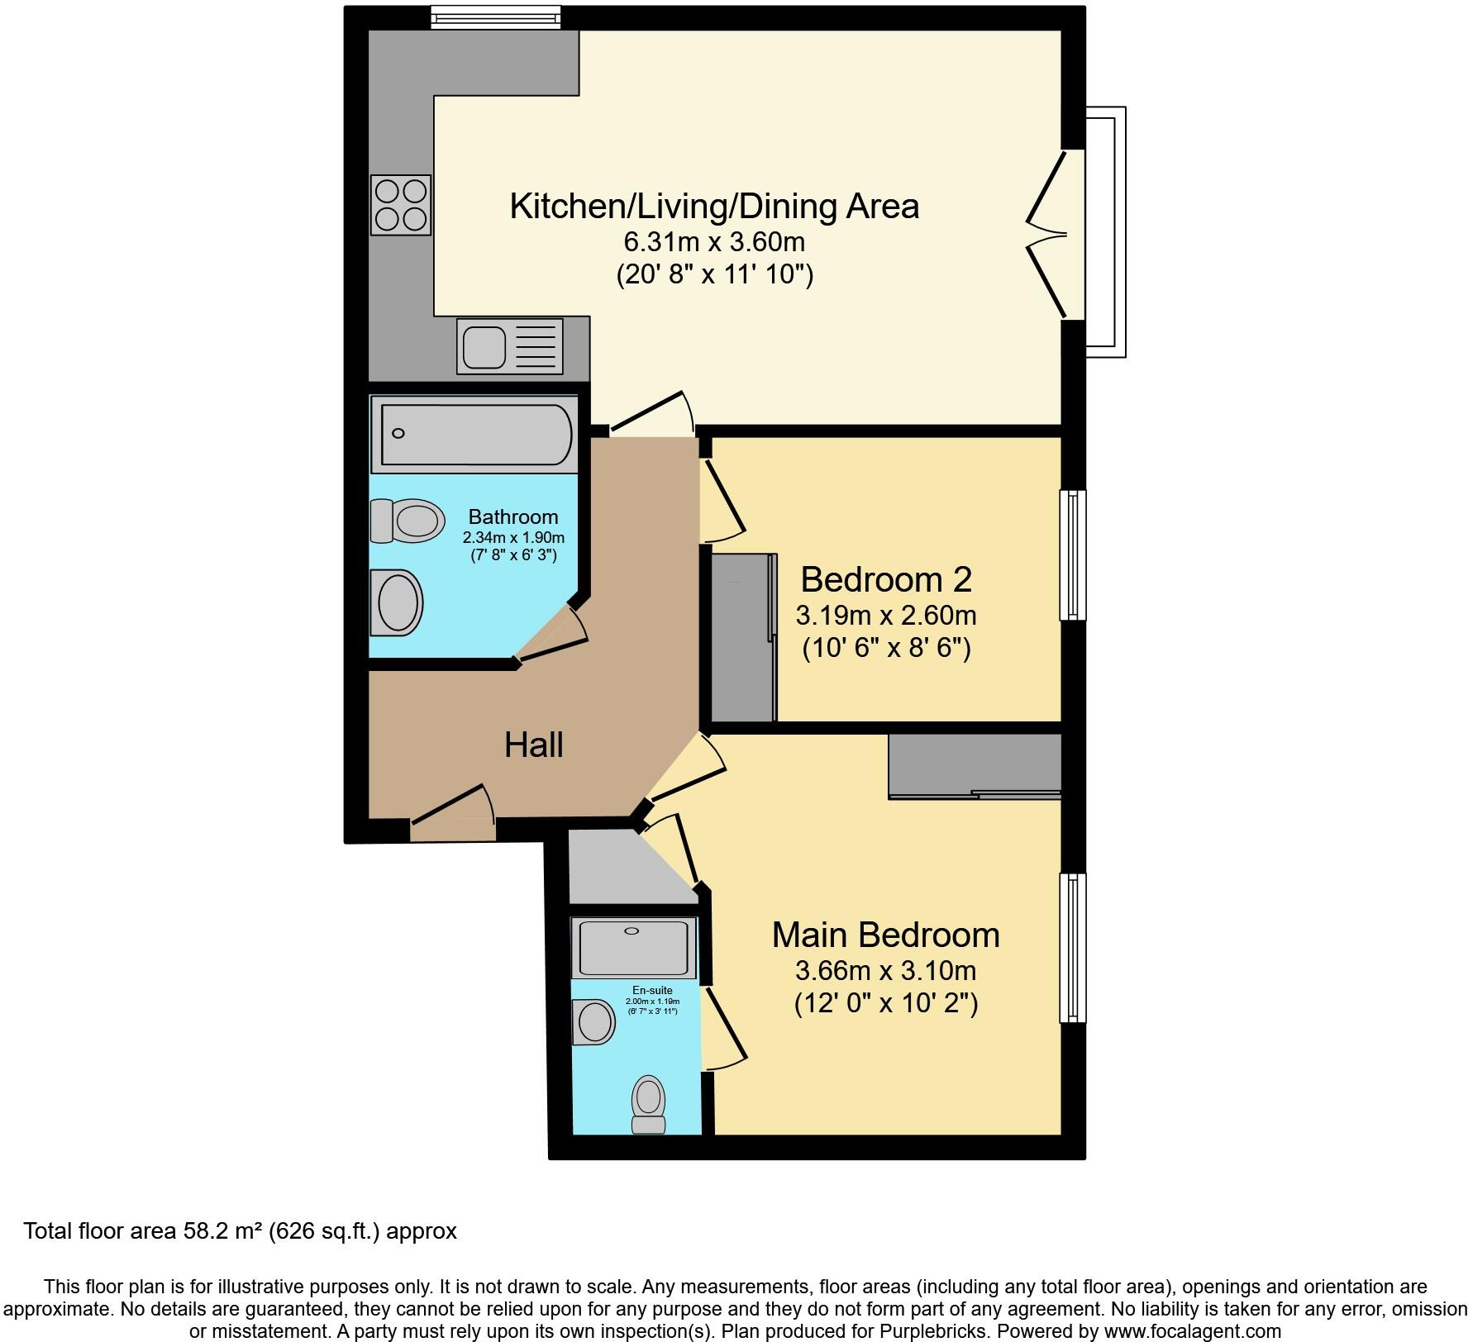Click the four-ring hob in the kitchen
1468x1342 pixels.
pyautogui.click(x=401, y=205)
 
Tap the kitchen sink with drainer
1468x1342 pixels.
pyautogui.click(x=509, y=346)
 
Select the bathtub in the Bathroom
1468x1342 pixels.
pyautogui.click(x=474, y=434)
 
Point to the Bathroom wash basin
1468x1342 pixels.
pyautogui.click(x=396, y=602)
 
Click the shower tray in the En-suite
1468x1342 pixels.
pyautogui.click(x=633, y=948)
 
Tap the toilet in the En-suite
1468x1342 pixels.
pyautogui.click(x=649, y=1105)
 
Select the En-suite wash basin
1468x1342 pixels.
pyautogui.click(x=593, y=1022)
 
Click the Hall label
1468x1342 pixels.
pyautogui.click(x=534, y=745)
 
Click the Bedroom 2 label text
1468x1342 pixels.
pyautogui.click(x=886, y=580)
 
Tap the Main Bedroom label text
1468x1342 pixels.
pyautogui.click(x=885, y=935)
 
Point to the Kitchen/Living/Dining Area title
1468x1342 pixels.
pyautogui.click(x=714, y=207)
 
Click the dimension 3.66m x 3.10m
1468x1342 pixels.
pyautogui.click(x=885, y=970)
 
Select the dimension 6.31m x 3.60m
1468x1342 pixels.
pyautogui.click(x=714, y=242)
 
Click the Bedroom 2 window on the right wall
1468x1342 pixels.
pyautogui.click(x=1073, y=555)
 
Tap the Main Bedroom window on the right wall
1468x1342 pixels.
pyautogui.click(x=1073, y=949)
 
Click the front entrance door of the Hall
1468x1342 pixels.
pyautogui.click(x=453, y=814)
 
